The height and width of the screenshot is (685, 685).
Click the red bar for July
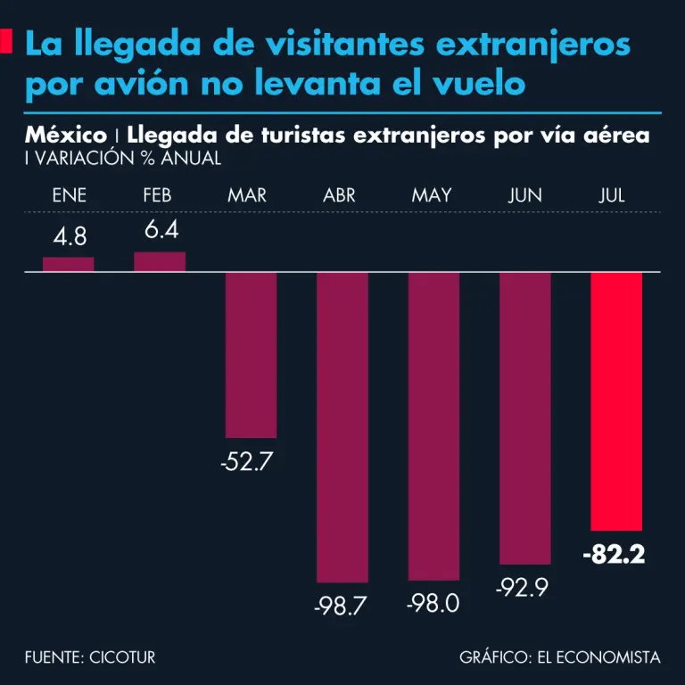(x=616, y=401)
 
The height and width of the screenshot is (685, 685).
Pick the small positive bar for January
(x=69, y=264)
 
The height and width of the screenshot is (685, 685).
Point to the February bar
(x=160, y=261)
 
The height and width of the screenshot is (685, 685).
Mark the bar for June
(x=525, y=417)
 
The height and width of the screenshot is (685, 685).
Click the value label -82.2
(x=614, y=555)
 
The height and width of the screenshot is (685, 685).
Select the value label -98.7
(x=341, y=607)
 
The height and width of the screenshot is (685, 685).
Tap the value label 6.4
(x=161, y=231)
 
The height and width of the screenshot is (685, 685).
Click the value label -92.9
(x=524, y=588)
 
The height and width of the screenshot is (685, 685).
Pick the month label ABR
(x=339, y=195)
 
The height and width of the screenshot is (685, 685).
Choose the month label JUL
(x=612, y=195)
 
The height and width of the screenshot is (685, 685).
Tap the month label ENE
(x=69, y=195)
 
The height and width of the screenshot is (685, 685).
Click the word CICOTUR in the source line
(x=123, y=658)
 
